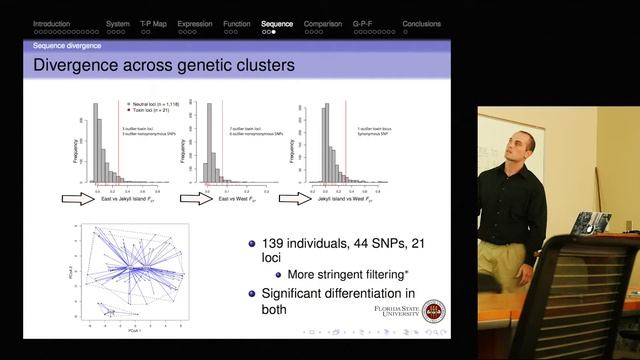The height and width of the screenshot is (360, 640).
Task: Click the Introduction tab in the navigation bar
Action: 52,22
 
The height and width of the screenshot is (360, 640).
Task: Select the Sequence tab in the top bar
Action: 277,22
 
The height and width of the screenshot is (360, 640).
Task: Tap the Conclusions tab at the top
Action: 421,22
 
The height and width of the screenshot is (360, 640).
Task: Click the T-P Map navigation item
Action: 154,22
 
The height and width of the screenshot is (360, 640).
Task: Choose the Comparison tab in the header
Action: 323,22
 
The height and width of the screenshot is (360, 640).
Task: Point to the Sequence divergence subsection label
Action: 66,45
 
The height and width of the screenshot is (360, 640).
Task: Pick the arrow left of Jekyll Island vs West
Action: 295,198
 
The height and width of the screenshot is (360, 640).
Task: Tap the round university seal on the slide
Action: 434,312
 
